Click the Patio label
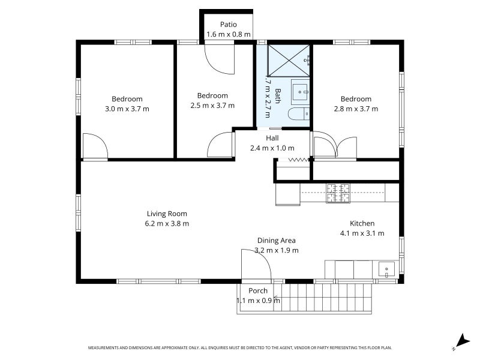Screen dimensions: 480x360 [x=229, y=25]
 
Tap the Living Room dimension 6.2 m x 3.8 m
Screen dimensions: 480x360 [x=167, y=223]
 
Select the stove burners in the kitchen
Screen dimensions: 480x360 [x=338, y=193]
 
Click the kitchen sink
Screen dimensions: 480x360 [x=386, y=269]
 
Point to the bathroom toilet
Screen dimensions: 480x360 [x=299, y=114]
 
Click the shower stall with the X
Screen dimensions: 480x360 [x=289, y=61]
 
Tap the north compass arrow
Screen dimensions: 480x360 [x=463, y=340]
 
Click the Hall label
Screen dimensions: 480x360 [x=272, y=138]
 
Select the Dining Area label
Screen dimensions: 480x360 [x=277, y=241]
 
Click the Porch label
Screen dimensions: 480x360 [x=258, y=290]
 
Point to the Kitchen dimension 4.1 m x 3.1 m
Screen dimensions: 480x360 [x=362, y=233]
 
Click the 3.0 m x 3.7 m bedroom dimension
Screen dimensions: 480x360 [x=127, y=109]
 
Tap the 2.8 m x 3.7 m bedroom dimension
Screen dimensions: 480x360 [x=356, y=109]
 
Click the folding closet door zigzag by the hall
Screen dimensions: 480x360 [x=298, y=160]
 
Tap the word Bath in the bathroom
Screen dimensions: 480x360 [x=278, y=96]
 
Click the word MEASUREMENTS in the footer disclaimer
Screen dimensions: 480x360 [x=103, y=348]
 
